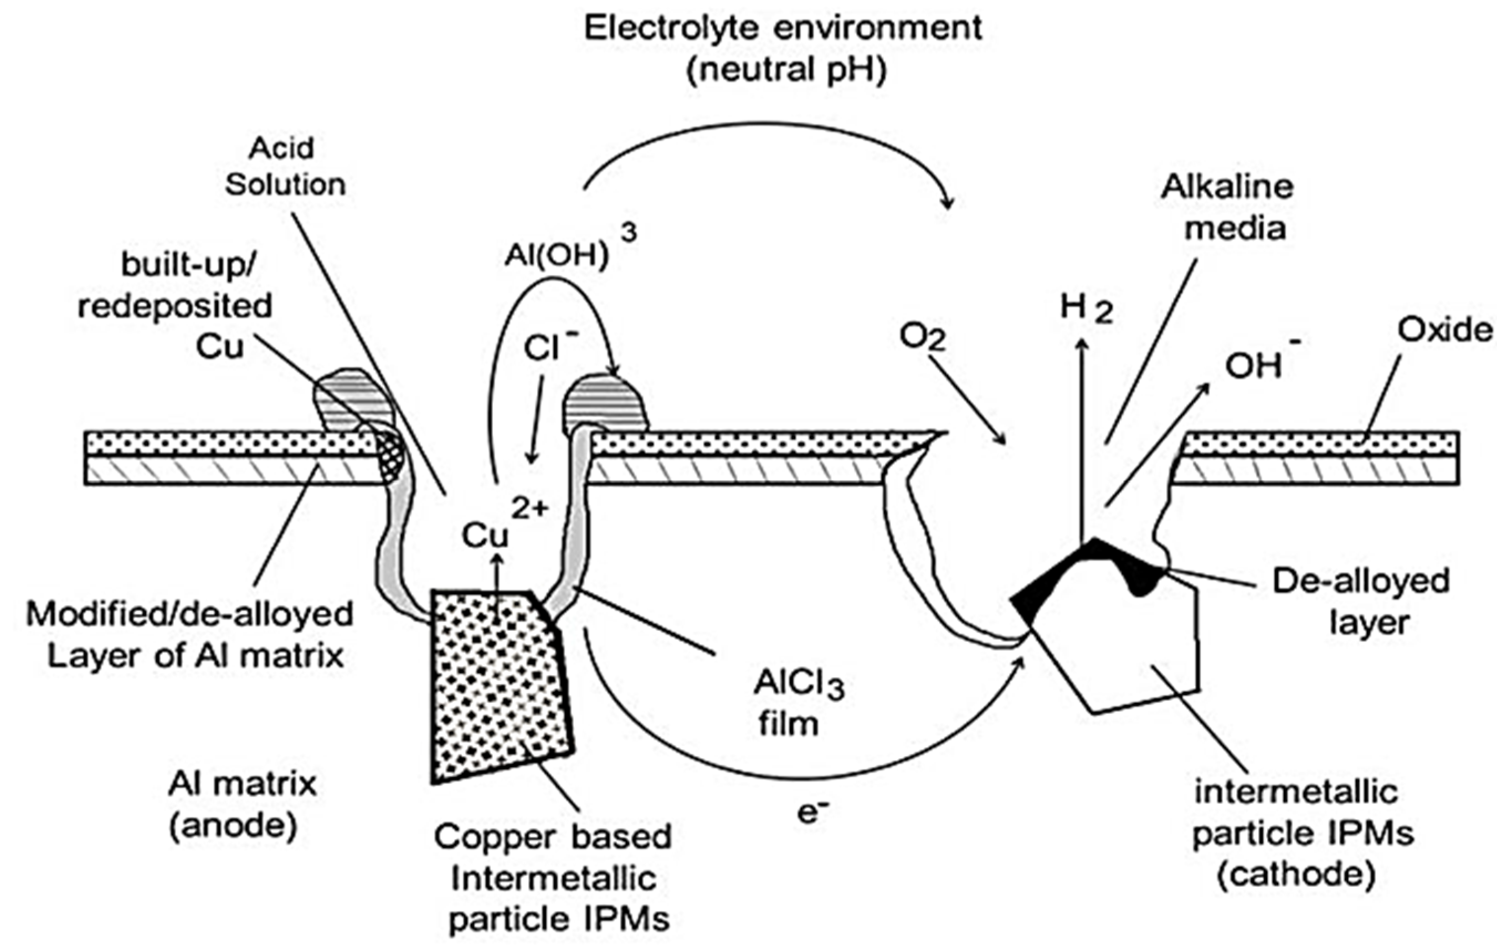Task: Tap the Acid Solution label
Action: pyautogui.click(x=284, y=167)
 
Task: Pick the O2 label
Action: pyautogui.click(x=923, y=337)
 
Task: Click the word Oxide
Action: pyautogui.click(x=1443, y=330)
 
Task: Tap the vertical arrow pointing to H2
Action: pyautogui.click(x=1082, y=435)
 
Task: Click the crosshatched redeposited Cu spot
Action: pyautogui.click(x=392, y=457)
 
